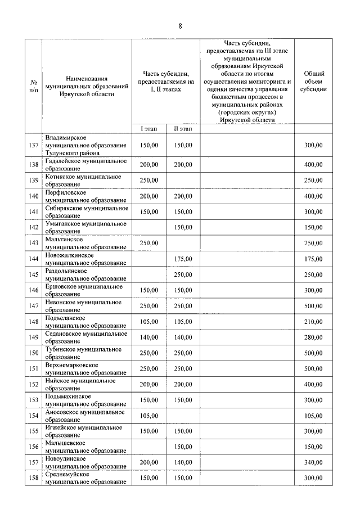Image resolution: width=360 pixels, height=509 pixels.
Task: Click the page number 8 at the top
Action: pos(180,26)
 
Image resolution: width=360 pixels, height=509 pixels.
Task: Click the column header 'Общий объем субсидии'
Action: pos(313,81)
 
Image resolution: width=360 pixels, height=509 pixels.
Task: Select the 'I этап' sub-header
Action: pos(148,129)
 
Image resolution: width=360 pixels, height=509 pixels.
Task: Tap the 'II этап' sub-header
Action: pos(183,129)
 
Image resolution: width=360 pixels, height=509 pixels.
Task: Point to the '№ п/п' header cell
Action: pos(33,85)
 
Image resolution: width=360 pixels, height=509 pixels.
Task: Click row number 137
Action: pos(33,145)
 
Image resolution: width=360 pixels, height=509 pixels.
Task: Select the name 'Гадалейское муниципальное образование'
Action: pos(86,164)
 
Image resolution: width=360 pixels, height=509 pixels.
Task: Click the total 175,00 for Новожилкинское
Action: pos(313,259)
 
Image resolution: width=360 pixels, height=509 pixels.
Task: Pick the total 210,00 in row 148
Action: pos(313,322)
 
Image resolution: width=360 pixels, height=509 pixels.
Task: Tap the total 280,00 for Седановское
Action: pos(313,337)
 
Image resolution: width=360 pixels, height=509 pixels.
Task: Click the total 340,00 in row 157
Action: pos(313,462)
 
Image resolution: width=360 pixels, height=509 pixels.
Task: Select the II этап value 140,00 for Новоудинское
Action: pos(183,462)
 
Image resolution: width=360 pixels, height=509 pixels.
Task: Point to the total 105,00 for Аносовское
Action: pos(313,416)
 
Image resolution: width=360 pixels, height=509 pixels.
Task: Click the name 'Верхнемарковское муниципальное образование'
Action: pos(86,368)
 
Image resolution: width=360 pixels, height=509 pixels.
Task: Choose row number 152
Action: pos(33,384)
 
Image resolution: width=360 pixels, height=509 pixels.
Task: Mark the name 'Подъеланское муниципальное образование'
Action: pos(86,322)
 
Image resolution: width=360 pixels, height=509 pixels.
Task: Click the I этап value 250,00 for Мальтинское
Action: pos(148,243)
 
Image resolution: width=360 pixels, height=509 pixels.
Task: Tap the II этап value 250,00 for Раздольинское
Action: pos(183,274)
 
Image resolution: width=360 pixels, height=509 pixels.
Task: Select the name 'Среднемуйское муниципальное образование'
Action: pos(86,478)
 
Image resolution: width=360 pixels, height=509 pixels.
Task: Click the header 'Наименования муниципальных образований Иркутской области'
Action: pos(86,86)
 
